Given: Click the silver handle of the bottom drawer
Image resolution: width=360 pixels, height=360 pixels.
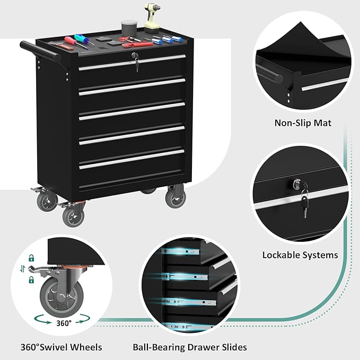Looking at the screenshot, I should click(132, 159).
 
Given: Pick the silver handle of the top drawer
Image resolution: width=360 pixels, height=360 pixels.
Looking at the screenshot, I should click(132, 62).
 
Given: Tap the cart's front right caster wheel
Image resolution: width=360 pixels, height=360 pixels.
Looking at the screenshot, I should click(175, 197).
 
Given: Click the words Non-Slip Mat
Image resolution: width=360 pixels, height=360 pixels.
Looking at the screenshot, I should click(303, 123).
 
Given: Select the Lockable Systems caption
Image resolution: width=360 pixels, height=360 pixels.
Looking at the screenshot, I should click(300, 255).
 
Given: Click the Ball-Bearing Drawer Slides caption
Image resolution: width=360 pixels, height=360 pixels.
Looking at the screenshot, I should click(189, 348).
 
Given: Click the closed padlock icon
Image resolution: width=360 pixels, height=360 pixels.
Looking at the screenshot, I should click(32, 258).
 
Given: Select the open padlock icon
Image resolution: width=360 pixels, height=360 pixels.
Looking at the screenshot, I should click(32, 279).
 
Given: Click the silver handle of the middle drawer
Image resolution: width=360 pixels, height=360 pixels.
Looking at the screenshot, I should click(132, 110).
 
